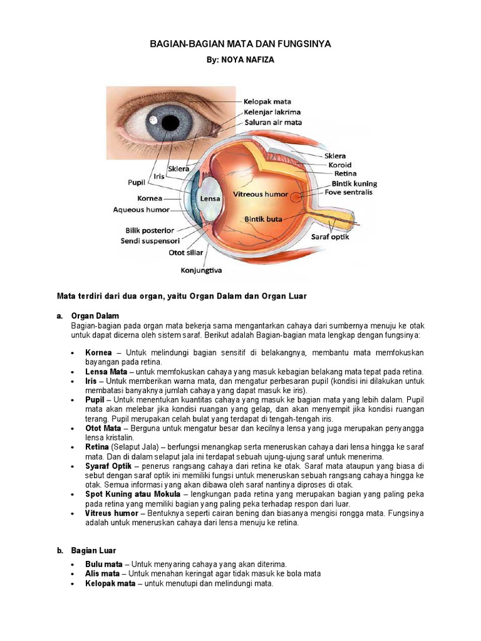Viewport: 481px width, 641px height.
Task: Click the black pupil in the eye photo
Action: pos(170,122)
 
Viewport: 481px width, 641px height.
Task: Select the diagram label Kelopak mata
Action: pos(267,101)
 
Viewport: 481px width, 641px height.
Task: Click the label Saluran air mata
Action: pos(274,122)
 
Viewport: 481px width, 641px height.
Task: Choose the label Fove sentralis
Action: pos(348,192)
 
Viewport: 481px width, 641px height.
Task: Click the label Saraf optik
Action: pos(331,237)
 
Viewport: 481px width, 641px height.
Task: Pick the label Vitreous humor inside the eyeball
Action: pos(261,195)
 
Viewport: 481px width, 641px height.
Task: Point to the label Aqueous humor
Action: pos(142,210)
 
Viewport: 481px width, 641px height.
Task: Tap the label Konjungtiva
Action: pos(201,271)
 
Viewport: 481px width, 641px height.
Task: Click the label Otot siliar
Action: pos(185,253)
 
